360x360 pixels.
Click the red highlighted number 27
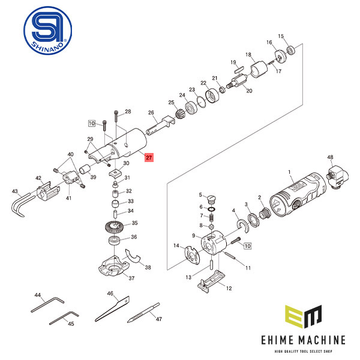pyautogui.click(x=149, y=157)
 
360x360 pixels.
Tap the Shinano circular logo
pyautogui.click(x=48, y=31)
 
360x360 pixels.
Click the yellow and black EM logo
pyautogui.click(x=303, y=316)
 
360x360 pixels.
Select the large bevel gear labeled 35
pyautogui.click(x=115, y=227)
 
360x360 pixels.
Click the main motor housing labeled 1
pyautogui.click(x=298, y=194)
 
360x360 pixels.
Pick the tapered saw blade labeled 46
pyautogui.click(x=113, y=309)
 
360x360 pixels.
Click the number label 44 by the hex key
pyautogui.click(x=37, y=295)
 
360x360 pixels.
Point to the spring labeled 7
pyautogui.click(x=211, y=218)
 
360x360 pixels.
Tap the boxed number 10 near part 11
pyautogui.click(x=247, y=246)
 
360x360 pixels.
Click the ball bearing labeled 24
pyautogui.click(x=191, y=108)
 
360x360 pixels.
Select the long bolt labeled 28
pyautogui.click(x=116, y=116)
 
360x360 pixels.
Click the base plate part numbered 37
pyautogui.click(x=114, y=266)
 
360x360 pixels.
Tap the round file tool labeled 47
pyautogui.click(x=143, y=313)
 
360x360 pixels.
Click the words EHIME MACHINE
pyautogui.click(x=303, y=340)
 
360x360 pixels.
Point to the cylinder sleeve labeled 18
pyautogui.click(x=259, y=69)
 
